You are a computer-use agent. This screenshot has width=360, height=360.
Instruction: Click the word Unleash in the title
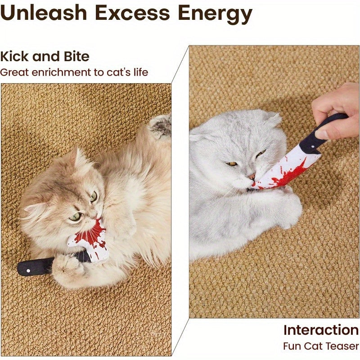[43, 13]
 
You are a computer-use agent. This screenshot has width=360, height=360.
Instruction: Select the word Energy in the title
[215, 14]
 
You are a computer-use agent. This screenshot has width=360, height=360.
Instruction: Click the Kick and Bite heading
[45, 57]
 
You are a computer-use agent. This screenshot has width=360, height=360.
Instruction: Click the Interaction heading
[320, 330]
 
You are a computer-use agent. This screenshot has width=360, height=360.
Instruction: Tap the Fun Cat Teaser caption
[320, 346]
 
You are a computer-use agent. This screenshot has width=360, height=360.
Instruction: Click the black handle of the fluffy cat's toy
[36, 266]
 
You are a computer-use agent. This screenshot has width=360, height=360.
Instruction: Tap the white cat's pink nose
[252, 176]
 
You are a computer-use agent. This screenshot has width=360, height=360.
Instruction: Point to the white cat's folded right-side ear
[273, 119]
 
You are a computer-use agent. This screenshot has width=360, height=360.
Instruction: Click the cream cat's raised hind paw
[160, 126]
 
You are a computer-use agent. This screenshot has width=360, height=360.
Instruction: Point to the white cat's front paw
[288, 211]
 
